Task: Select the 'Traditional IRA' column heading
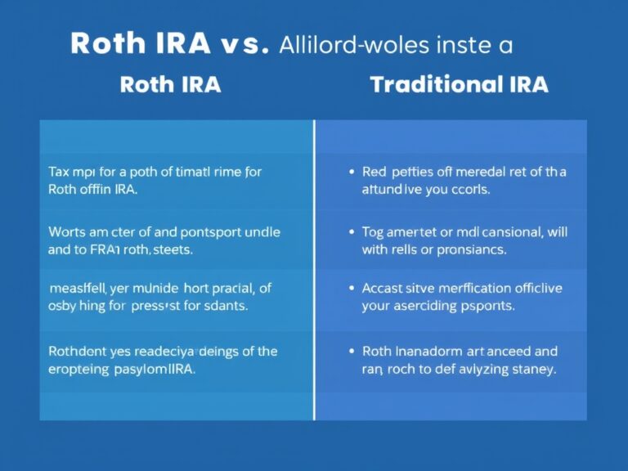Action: pos(458,85)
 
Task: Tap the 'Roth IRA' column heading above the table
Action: pos(170,85)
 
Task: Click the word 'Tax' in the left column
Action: pos(59,173)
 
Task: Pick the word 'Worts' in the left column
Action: pos(67,232)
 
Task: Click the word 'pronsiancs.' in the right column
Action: pos(472,249)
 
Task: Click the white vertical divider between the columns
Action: pos(314,270)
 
